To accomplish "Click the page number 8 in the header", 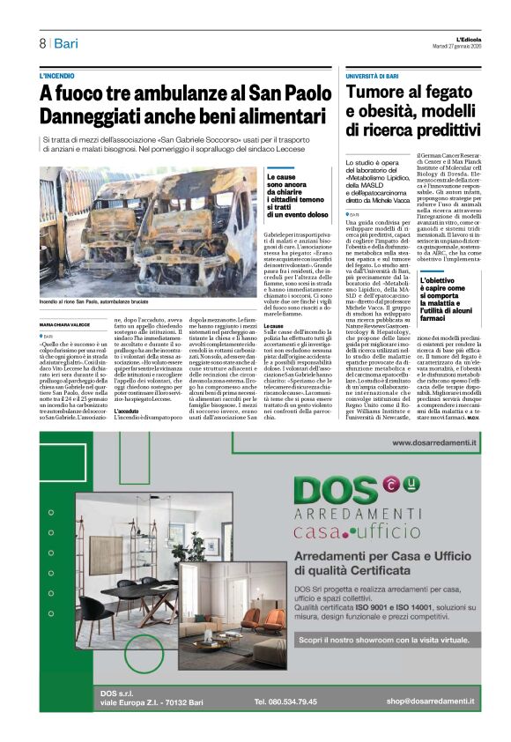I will coord(42,43).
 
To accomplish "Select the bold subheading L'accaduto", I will coord(129,412).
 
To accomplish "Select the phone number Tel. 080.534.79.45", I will coord(285,701).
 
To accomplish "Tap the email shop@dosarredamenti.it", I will coord(429,701).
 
